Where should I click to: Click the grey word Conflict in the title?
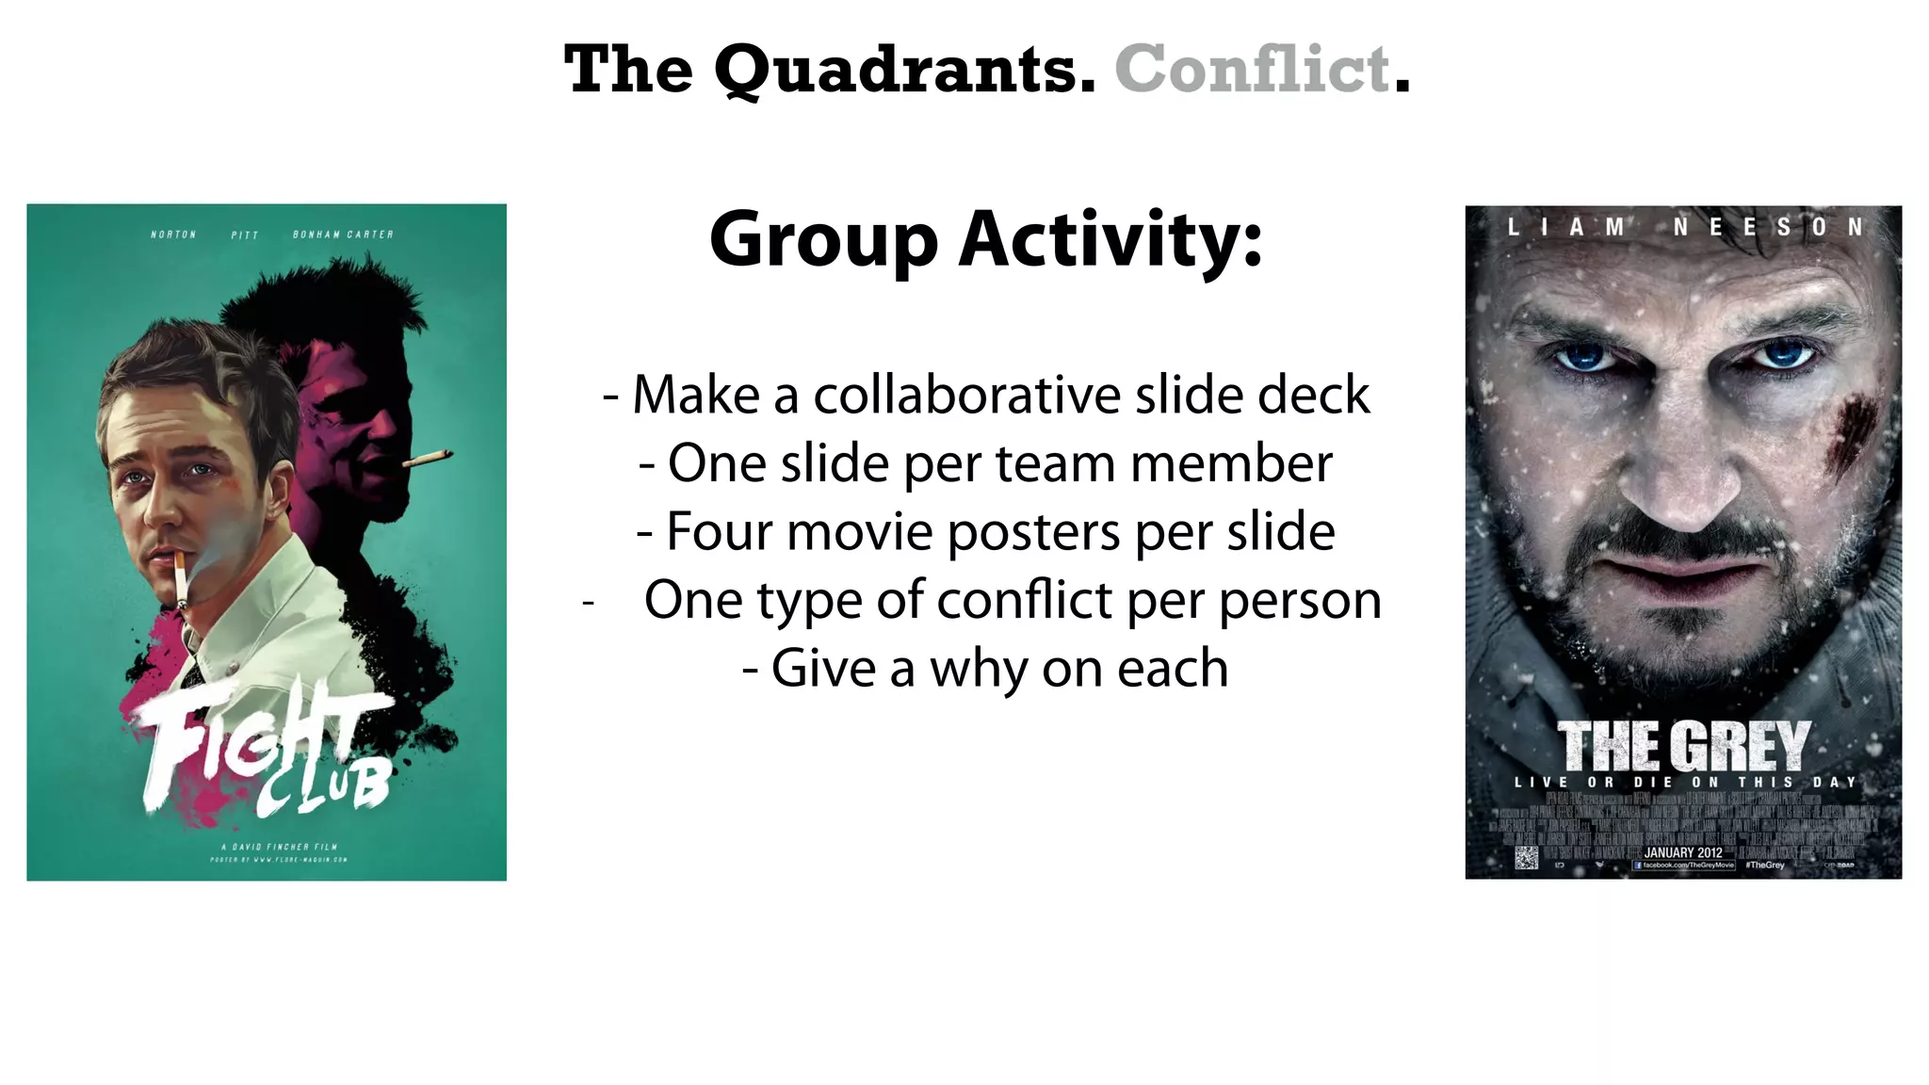(1253, 70)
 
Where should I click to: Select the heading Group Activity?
(985, 239)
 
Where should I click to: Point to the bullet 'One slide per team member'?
(985, 463)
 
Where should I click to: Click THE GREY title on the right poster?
(1683, 747)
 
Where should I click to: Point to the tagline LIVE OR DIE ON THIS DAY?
(1684, 783)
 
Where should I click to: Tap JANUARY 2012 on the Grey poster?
(1683, 852)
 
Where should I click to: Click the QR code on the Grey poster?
(1526, 857)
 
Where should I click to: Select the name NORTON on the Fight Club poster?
(173, 235)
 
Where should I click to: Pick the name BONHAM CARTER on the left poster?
(343, 235)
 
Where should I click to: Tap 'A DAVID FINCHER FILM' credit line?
(272, 846)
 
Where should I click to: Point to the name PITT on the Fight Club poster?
(244, 235)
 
